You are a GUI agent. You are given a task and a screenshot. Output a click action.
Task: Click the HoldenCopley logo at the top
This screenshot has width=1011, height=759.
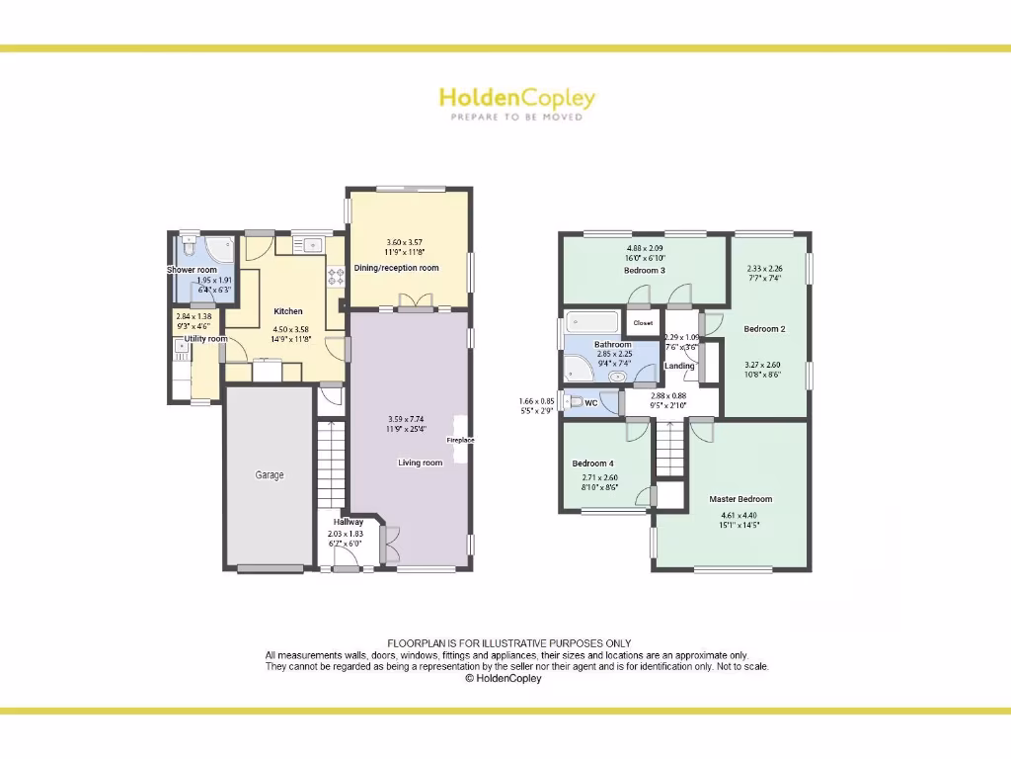point(516,98)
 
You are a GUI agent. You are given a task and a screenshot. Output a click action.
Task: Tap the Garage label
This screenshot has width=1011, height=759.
point(270,475)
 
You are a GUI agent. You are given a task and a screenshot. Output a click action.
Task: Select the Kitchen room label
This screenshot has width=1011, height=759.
point(288,311)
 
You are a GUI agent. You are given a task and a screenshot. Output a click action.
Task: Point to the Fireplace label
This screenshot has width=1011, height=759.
point(461,440)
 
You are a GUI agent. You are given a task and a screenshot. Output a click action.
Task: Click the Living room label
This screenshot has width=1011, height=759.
point(420,463)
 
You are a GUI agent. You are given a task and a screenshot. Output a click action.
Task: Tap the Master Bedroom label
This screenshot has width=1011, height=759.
point(740,499)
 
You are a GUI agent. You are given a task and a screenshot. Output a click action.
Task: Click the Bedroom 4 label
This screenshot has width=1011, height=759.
point(592,464)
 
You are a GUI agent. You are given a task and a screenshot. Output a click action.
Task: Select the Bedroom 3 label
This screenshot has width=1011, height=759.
point(645,270)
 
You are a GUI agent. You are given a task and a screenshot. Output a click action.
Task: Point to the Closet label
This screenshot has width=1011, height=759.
point(643,323)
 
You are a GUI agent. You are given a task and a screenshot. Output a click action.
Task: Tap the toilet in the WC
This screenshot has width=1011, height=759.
point(572,402)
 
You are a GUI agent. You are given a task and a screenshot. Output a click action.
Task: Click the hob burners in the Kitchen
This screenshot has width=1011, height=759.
point(336,277)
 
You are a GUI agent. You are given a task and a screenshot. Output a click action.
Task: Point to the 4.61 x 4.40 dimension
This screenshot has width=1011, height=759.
point(740,515)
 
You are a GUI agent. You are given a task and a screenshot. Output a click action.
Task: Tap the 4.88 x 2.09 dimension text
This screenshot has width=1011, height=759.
point(645,248)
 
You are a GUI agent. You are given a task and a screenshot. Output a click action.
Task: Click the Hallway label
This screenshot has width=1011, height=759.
point(348,522)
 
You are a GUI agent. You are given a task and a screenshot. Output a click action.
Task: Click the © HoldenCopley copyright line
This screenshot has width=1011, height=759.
point(504,679)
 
